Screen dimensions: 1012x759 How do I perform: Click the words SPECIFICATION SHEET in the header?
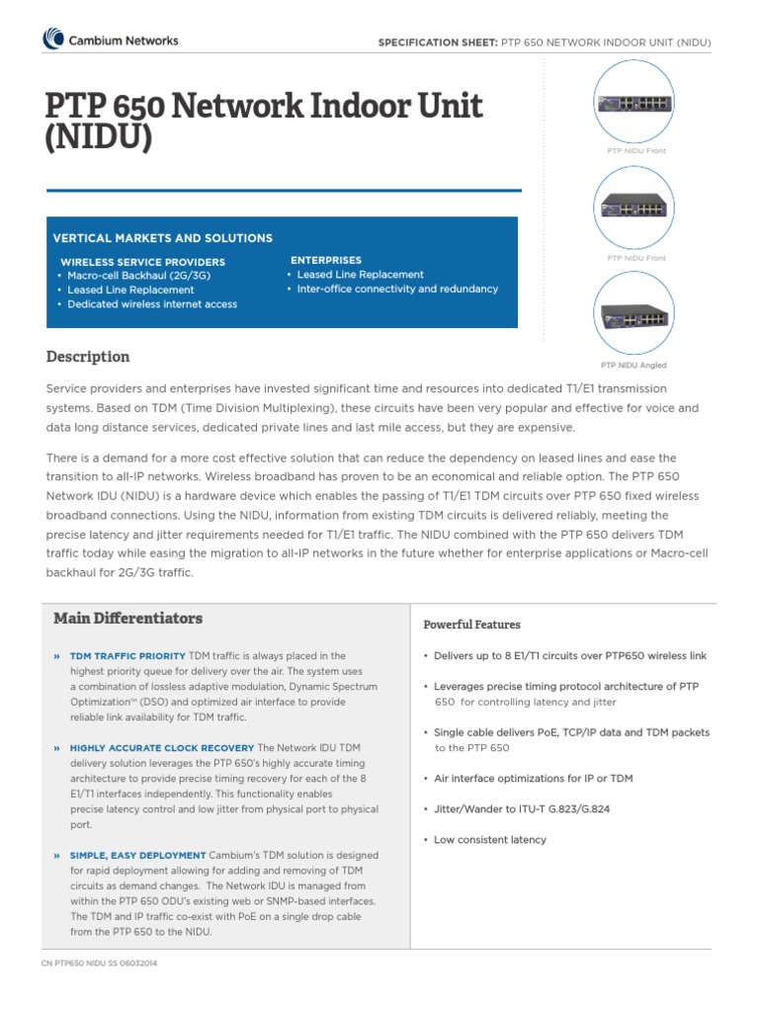(x=435, y=42)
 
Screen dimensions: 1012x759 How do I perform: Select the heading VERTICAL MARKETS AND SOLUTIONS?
(x=163, y=238)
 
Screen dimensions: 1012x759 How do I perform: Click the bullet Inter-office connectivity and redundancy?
(x=397, y=290)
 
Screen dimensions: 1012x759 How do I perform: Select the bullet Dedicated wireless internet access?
(x=152, y=304)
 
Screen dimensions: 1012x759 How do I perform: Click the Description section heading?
(x=88, y=357)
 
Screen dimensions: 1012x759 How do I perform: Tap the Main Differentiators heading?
(x=127, y=619)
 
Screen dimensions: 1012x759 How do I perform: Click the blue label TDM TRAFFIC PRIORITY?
(x=127, y=655)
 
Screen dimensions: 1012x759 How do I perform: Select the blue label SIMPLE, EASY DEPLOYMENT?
(x=138, y=855)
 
